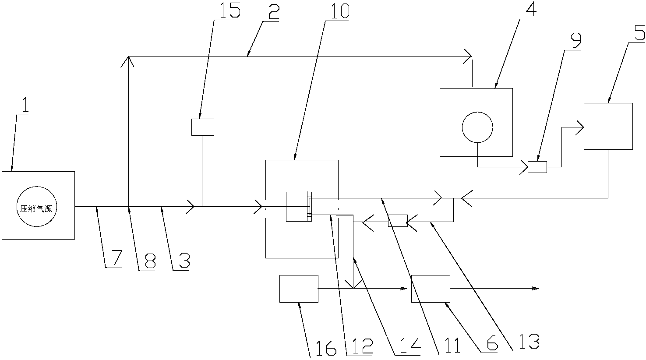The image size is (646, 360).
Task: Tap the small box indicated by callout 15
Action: point(203,127)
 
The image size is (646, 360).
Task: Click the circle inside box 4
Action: point(477,127)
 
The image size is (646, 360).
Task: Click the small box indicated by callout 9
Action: point(537,167)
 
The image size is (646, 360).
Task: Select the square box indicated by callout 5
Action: point(608,126)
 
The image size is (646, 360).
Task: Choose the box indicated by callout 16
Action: point(299,289)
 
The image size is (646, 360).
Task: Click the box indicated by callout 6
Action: point(431,289)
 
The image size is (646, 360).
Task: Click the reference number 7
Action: point(114,259)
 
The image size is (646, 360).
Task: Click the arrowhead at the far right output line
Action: point(535,288)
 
